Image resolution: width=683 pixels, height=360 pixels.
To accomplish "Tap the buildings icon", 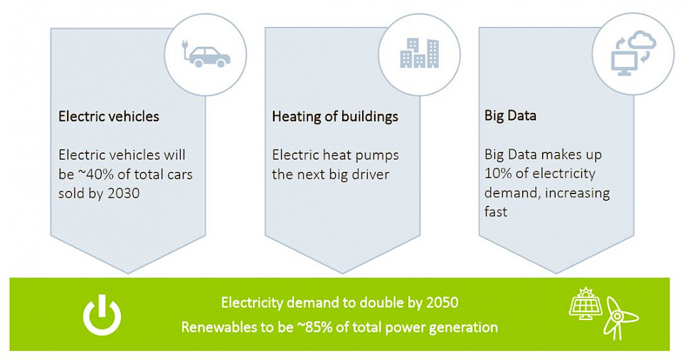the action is click(420, 53).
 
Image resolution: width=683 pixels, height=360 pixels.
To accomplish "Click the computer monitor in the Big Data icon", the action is click(624, 63).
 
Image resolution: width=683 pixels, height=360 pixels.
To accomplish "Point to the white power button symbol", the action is click(102, 315).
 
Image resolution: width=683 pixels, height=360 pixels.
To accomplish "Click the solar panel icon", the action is click(586, 303).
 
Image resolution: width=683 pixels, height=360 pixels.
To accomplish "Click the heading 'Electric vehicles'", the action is click(109, 117).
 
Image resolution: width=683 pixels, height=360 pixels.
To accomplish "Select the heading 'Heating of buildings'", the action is click(335, 117).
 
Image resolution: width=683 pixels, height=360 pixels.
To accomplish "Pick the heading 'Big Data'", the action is click(510, 115).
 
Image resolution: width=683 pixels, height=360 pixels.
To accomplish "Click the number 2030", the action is click(123, 193).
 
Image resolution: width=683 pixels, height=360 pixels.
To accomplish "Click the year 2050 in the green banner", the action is click(442, 302).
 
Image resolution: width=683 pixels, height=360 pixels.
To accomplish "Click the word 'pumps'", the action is click(377, 156).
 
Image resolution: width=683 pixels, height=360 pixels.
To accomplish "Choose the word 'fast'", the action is click(496, 212).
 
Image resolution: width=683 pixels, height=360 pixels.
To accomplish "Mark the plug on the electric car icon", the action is click(185, 44).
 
